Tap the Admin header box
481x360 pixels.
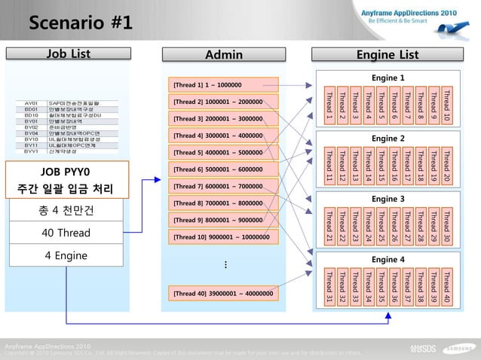[x=224, y=54]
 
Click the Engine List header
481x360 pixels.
[x=388, y=54]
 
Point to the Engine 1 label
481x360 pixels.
[x=388, y=78]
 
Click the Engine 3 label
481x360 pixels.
[x=388, y=199]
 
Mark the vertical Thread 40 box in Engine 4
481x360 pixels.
[x=447, y=287]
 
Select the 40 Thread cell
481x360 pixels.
[x=66, y=233]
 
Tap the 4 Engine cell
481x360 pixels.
[x=66, y=256]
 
